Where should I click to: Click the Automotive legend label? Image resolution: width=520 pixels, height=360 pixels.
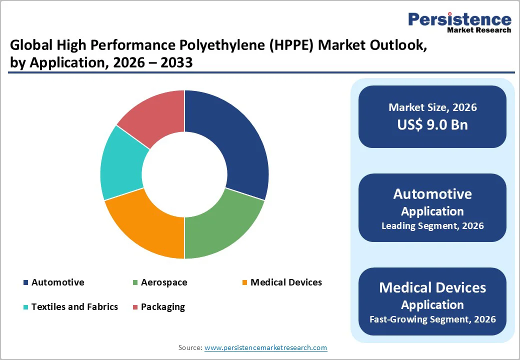click(x=57, y=282)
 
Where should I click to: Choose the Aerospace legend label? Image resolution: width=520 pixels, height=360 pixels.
click(x=164, y=282)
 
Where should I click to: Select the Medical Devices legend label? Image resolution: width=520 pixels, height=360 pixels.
click(x=286, y=282)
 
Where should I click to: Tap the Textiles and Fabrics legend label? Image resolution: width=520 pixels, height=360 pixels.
click(x=74, y=306)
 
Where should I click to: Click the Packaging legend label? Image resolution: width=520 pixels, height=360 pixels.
click(x=163, y=306)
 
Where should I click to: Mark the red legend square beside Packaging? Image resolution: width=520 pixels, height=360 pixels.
click(x=135, y=307)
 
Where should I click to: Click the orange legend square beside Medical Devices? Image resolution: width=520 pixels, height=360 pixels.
click(x=244, y=283)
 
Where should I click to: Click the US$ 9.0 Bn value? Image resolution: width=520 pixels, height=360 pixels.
click(x=432, y=124)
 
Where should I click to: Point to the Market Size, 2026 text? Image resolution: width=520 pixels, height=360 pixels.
click(x=432, y=107)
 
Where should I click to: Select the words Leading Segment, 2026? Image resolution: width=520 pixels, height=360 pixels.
click(x=432, y=226)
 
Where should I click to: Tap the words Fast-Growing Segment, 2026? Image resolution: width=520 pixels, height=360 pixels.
click(x=432, y=319)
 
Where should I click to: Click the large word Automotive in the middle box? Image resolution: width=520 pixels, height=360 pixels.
click(x=432, y=194)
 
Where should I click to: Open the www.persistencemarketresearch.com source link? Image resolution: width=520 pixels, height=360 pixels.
click(x=265, y=347)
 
